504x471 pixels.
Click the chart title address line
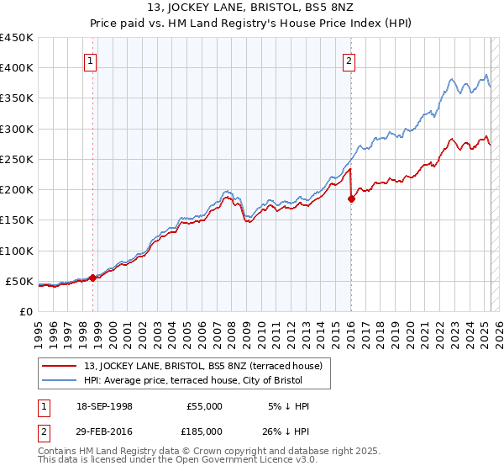[251, 9]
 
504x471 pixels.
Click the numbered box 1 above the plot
[90, 60]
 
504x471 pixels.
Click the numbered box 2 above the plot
[348, 60]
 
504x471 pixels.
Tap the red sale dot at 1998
[92, 278]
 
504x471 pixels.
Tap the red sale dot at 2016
[351, 198]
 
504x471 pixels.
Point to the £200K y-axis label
[17, 190]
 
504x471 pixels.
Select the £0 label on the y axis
[26, 311]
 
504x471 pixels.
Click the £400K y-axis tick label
[17, 68]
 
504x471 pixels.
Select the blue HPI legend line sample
[60, 379]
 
